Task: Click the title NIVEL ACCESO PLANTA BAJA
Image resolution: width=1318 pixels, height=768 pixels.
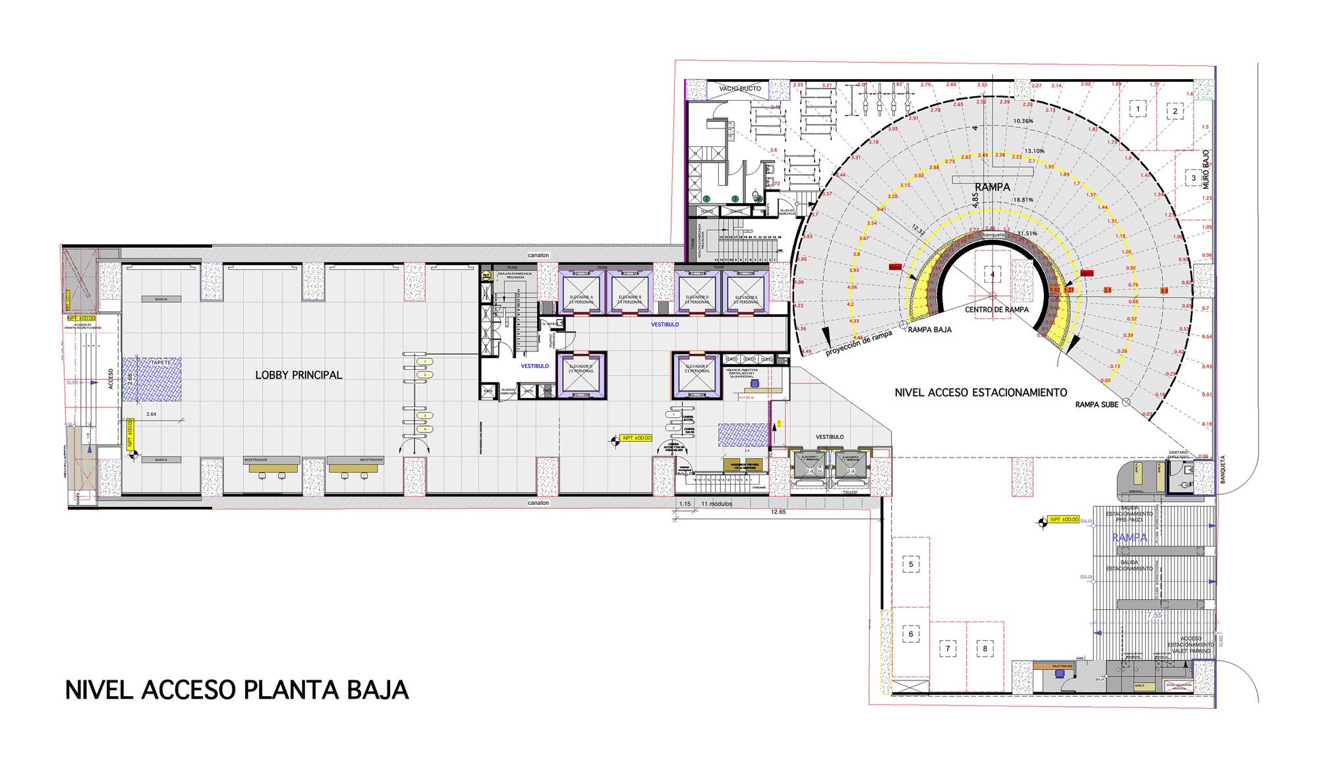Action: (x=237, y=690)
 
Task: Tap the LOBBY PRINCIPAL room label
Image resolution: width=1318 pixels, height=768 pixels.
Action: (x=299, y=375)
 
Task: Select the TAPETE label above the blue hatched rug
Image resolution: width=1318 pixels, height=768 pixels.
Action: (x=161, y=363)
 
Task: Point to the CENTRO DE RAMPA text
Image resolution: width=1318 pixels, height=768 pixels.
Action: (x=996, y=309)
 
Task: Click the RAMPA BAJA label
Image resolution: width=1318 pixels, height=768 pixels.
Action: (x=929, y=330)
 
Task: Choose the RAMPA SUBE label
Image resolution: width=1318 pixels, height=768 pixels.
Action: (x=1097, y=404)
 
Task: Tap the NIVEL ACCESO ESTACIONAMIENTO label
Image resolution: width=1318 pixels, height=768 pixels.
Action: (x=981, y=392)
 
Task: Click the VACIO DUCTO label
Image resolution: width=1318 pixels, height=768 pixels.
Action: (x=739, y=88)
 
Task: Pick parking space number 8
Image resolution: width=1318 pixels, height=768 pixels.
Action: (x=985, y=649)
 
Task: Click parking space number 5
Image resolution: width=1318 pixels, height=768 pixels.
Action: (x=911, y=564)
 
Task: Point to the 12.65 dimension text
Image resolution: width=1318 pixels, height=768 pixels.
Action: (x=778, y=512)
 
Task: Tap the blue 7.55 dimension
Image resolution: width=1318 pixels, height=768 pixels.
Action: (x=1155, y=615)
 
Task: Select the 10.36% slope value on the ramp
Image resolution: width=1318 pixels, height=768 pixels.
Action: (x=1023, y=121)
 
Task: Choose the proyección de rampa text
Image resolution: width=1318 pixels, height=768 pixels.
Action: (x=859, y=343)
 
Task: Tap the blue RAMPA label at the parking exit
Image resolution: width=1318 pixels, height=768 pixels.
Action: (x=1130, y=537)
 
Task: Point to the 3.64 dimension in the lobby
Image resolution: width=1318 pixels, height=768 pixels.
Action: (x=151, y=414)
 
